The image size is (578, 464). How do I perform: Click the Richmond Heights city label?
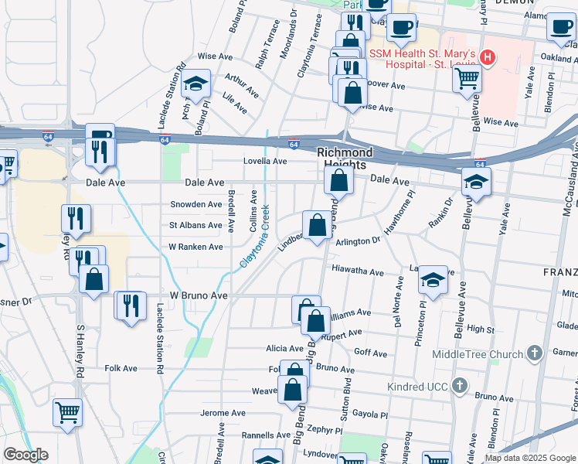(x=345, y=159)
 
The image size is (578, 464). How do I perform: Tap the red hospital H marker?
(x=488, y=56)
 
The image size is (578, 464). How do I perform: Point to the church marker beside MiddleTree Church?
(x=534, y=354)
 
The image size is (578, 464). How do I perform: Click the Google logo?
(x=25, y=455)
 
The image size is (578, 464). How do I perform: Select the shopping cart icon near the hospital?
(x=467, y=77)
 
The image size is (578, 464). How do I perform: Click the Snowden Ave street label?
(x=195, y=204)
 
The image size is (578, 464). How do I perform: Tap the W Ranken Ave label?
(x=195, y=247)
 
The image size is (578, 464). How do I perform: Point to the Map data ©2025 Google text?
(x=530, y=457)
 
